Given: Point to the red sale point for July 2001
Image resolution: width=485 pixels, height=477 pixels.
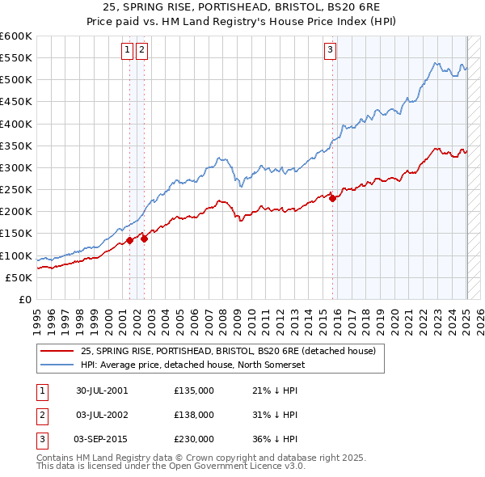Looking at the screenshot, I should pyautogui.click(x=129, y=240).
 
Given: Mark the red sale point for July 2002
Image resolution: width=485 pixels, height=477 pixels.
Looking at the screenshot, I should pyautogui.click(x=144, y=238).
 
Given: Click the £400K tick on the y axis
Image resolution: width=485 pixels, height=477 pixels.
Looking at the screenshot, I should pyautogui.click(x=15, y=124).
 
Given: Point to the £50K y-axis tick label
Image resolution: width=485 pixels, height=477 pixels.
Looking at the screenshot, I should pyautogui.click(x=19, y=277).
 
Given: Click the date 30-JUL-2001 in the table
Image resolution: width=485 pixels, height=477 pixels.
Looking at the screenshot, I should pyautogui.click(x=102, y=390).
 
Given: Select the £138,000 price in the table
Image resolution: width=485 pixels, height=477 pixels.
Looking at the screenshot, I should pyautogui.click(x=194, y=415).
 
